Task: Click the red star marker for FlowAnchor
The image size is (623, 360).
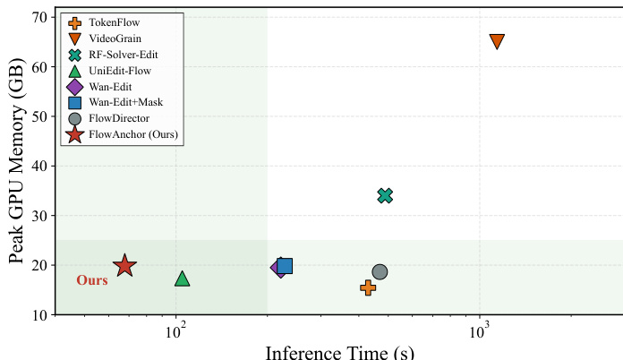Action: (124, 266)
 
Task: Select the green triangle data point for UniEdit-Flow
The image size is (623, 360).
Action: (183, 279)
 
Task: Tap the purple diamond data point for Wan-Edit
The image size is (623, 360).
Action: (279, 268)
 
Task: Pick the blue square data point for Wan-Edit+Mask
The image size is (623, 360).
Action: (285, 265)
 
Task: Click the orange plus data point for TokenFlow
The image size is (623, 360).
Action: (368, 287)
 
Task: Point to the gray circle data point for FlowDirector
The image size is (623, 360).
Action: (380, 272)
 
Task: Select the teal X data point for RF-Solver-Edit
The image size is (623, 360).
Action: (385, 196)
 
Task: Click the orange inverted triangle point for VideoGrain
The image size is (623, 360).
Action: (497, 41)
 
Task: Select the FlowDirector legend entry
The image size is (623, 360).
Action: (119, 118)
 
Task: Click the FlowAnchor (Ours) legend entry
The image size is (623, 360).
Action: (133, 134)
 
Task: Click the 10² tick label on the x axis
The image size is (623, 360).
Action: (177, 330)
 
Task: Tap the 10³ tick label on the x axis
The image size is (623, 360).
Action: (481, 330)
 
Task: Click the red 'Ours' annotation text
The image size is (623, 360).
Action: (91, 281)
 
